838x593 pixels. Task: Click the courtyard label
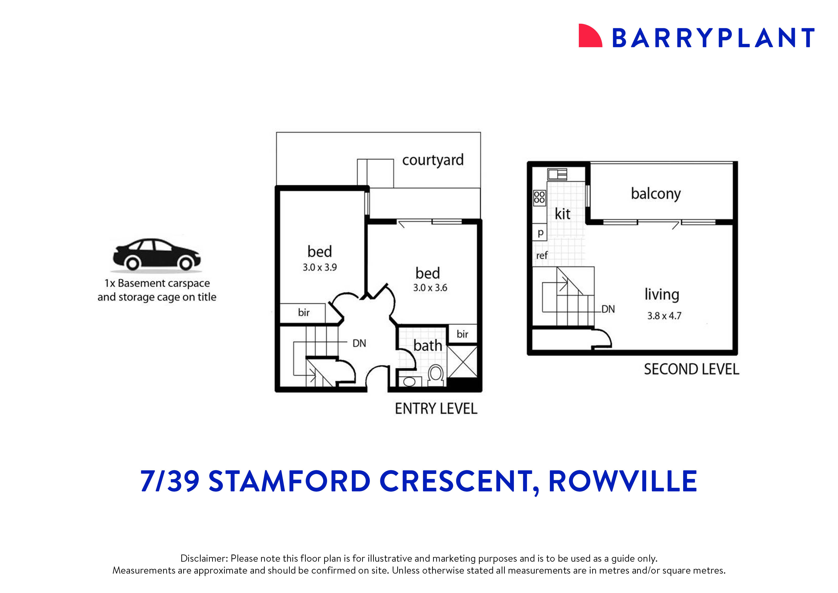click(x=433, y=160)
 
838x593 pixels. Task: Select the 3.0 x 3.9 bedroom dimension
click(x=319, y=268)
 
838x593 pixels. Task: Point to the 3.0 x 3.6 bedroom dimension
click(x=430, y=288)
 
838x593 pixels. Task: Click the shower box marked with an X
click(x=462, y=362)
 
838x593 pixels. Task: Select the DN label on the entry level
click(x=359, y=343)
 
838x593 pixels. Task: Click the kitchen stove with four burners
click(x=539, y=197)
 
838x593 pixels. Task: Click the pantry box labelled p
click(x=540, y=232)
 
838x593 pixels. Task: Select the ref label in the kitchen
click(x=542, y=255)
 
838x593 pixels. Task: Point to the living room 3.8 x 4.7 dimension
click(x=664, y=316)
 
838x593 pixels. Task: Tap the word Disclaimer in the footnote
click(x=204, y=558)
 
